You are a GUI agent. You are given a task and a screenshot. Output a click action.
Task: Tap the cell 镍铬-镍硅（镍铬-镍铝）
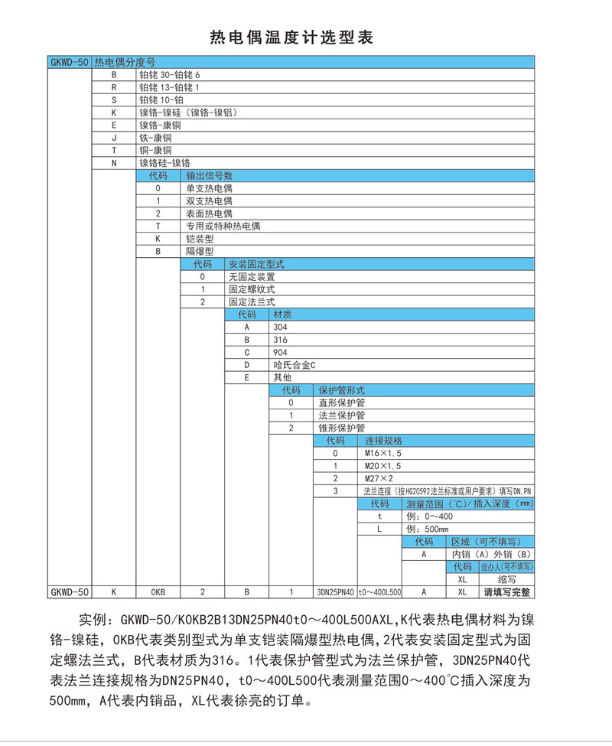tap(187, 112)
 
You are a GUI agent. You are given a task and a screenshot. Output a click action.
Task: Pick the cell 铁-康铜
tap(155, 138)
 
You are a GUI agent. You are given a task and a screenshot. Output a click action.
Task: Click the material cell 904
tap(281, 352)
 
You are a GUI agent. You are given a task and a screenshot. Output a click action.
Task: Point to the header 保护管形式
tap(342, 390)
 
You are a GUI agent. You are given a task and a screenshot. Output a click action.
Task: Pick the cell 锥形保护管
tap(342, 428)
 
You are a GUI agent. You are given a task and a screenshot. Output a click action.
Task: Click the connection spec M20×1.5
tap(382, 465)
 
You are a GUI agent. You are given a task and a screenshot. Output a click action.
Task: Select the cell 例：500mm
tap(427, 529)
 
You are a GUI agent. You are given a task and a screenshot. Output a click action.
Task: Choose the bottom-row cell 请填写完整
tap(506, 591)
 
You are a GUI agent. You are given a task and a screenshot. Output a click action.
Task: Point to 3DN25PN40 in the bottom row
tap(335, 592)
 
